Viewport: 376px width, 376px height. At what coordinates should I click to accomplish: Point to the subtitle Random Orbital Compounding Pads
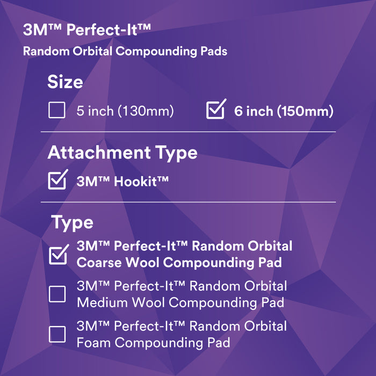[x=125, y=52]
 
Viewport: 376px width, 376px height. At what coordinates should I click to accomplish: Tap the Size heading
[x=65, y=82]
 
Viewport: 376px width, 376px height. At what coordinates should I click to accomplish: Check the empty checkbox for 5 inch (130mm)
[x=56, y=111]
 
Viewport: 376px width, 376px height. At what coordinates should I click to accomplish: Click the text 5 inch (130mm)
[x=125, y=112]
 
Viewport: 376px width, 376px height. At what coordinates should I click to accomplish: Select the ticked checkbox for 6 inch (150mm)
[x=215, y=110]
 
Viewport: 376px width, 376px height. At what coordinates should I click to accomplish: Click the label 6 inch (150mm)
[x=284, y=112]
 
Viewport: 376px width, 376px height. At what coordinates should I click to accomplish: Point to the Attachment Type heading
[x=122, y=153]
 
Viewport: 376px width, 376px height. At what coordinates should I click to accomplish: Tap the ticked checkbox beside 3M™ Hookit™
[x=57, y=180]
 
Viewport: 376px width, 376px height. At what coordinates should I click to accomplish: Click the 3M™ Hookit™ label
[x=122, y=181]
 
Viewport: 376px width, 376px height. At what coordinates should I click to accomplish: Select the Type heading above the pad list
[x=72, y=222]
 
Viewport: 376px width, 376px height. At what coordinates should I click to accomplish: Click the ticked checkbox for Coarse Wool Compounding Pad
[x=58, y=254]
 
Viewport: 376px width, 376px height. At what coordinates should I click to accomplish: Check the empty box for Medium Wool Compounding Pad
[x=57, y=294]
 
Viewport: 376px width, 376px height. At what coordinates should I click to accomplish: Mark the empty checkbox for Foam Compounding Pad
[x=57, y=334]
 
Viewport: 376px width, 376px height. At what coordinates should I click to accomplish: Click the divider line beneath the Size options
[x=192, y=132]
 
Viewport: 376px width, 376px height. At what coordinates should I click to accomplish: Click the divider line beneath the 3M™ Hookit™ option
[x=192, y=202]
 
